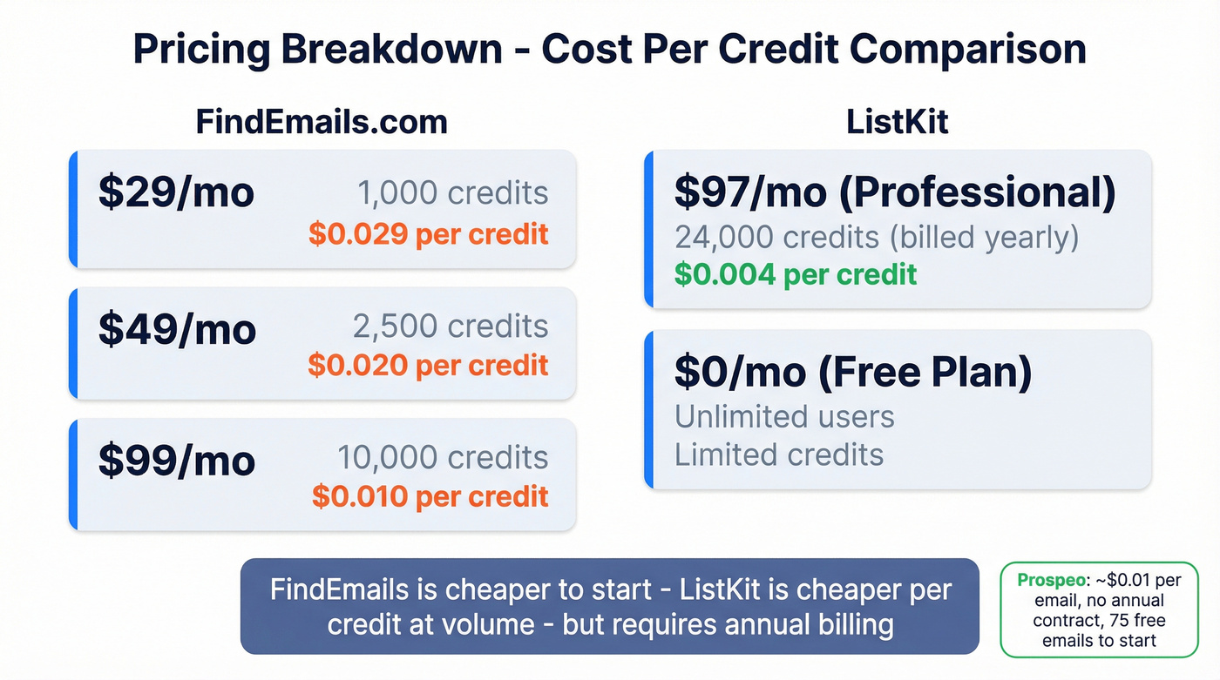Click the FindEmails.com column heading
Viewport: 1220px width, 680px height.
322,122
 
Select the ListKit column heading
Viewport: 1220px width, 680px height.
897,122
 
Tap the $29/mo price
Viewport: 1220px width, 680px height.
176,192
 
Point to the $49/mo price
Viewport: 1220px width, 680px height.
177,329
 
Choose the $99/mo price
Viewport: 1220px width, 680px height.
177,461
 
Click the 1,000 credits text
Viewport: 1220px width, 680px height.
452,193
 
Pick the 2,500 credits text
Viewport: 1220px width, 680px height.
451,327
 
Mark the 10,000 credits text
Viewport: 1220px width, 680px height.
443,458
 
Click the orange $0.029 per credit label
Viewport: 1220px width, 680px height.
429,233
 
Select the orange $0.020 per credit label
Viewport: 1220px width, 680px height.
429,365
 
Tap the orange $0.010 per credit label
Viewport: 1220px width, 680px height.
430,496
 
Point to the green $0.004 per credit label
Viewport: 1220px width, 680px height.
796,274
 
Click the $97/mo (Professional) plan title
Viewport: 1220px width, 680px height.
895,193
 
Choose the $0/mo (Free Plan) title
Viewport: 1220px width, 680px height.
853,373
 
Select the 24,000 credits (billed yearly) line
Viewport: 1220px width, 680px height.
877,237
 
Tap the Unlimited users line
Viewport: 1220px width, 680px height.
784,416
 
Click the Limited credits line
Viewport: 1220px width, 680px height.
779,454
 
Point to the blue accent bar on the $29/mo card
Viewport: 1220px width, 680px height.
74,209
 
